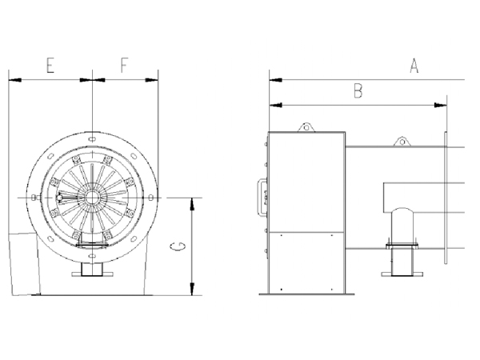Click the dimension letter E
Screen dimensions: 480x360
tap(50, 66)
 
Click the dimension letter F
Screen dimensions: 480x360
tap(123, 66)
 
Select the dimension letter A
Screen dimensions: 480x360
tap(414, 66)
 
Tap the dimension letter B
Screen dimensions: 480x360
tap(358, 91)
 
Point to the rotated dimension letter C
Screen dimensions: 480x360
tap(178, 246)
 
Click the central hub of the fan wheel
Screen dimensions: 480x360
tap(91, 198)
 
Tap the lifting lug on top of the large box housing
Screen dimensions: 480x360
tap(306, 127)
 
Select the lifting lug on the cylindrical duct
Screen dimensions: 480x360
tap(402, 142)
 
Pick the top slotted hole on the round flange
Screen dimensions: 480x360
tap(92, 139)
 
